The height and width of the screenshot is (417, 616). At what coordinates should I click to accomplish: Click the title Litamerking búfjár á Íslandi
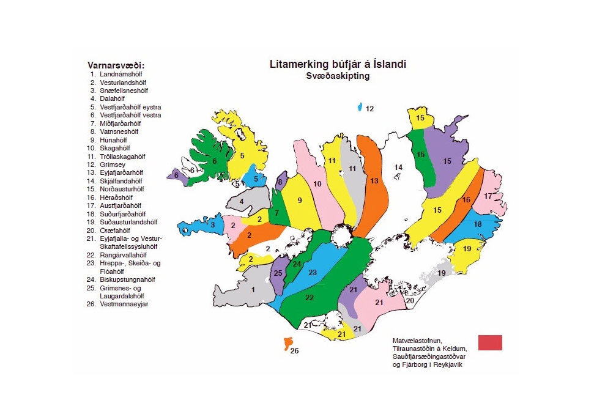point(338,64)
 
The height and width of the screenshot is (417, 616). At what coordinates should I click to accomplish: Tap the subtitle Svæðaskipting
point(338,76)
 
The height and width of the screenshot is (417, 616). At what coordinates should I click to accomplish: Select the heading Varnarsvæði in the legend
point(120,65)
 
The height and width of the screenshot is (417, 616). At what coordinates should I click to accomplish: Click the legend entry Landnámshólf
point(120,74)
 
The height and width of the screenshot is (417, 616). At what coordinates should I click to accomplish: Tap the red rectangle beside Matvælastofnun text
point(490,342)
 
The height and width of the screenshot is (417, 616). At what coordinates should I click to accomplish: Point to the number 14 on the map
point(398,167)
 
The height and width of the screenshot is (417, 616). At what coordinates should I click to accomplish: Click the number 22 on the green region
point(309,297)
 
